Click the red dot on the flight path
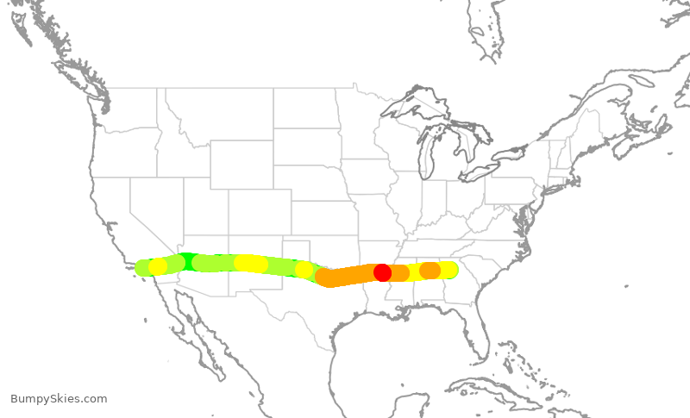point(382,272)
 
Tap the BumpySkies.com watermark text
point(59,398)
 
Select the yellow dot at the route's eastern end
point(448,270)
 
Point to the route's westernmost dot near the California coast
point(144,268)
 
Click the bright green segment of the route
point(187,260)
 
